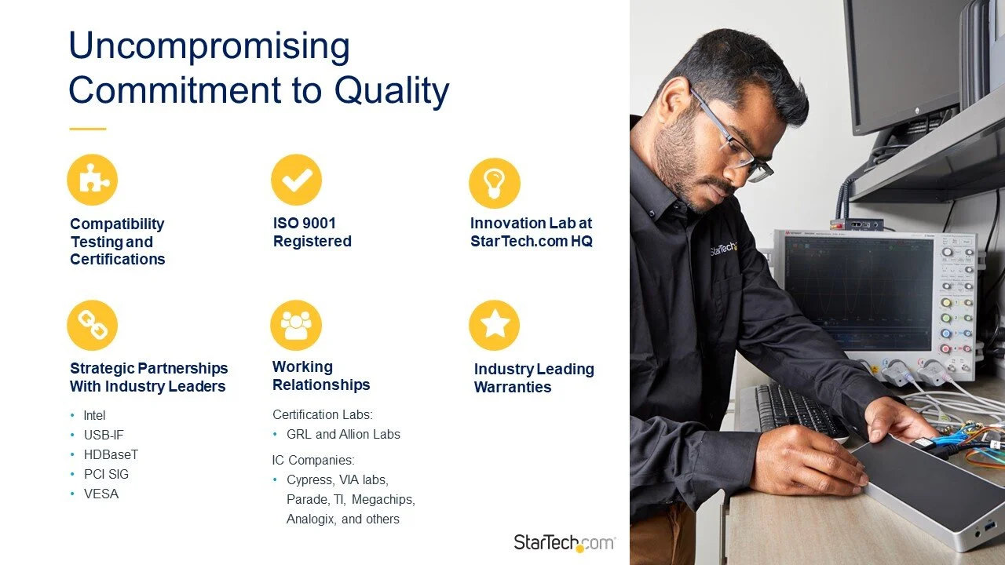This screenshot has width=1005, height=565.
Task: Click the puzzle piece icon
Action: [x=93, y=180]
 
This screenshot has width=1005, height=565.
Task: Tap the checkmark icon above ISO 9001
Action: [x=296, y=180]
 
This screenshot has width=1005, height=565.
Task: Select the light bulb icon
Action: [x=494, y=183]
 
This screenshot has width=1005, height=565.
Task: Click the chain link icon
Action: [x=93, y=325]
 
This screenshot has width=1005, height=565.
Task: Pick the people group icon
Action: [x=296, y=325]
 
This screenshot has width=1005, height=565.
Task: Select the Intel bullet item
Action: [x=94, y=415]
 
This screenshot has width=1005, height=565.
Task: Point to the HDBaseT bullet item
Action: [x=111, y=454]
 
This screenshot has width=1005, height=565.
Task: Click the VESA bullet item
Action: [x=101, y=494]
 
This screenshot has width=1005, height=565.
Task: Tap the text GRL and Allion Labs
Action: [x=343, y=434]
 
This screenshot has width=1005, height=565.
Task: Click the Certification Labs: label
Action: [x=323, y=414]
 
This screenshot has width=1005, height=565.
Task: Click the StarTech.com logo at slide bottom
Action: [x=565, y=542]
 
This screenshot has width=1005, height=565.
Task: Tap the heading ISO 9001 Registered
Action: [x=312, y=232]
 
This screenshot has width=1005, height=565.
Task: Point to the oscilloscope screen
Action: [x=859, y=292]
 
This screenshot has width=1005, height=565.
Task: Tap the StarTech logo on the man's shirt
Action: [x=723, y=250]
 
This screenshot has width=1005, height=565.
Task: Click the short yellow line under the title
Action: [x=87, y=129]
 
